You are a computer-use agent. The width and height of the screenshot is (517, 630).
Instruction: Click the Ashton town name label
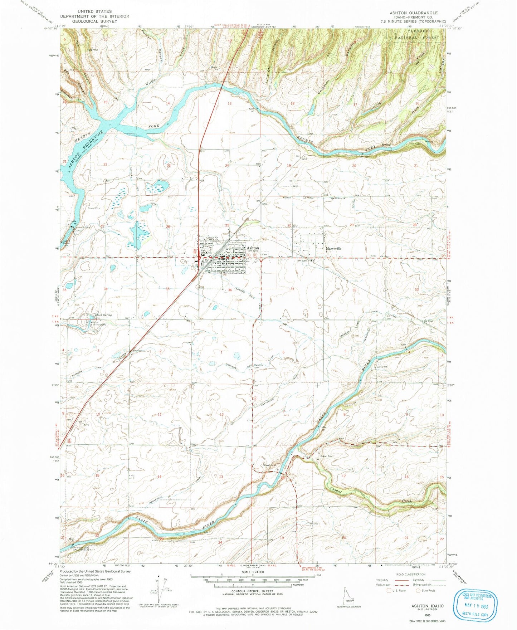click(x=252, y=248)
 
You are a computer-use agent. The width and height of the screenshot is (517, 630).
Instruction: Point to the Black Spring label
click(x=103, y=315)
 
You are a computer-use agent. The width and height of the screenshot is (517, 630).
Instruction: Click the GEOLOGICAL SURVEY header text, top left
click(x=92, y=21)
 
